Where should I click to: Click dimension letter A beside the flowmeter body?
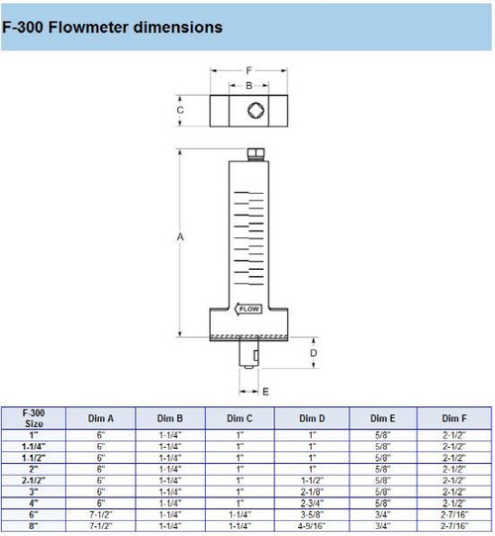(179, 237)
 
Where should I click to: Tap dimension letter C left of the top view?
(179, 111)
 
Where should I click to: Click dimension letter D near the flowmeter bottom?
(314, 353)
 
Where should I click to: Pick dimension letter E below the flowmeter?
(264, 391)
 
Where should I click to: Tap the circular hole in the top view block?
(255, 111)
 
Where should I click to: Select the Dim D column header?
(312, 417)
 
